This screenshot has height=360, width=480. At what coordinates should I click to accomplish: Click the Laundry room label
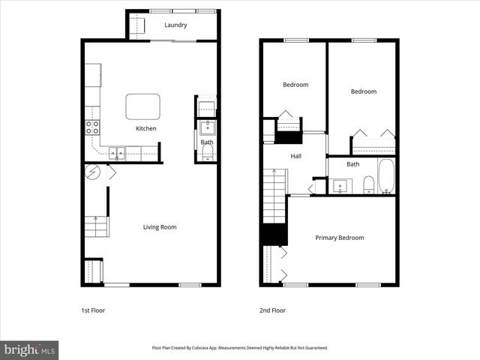pyautogui.click(x=176, y=25)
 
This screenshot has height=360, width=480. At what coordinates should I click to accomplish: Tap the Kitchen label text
pyautogui.click(x=145, y=129)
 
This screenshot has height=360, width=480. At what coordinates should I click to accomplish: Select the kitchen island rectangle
pyautogui.click(x=142, y=106)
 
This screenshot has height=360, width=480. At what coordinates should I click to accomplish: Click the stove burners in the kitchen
pyautogui.click(x=93, y=127)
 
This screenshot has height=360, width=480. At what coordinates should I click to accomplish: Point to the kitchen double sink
pyautogui.click(x=117, y=153)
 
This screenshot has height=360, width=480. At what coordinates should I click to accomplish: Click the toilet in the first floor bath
pyautogui.click(x=208, y=154)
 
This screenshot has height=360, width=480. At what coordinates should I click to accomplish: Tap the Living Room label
pyautogui.click(x=160, y=226)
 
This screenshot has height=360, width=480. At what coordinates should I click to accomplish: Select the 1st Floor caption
pyautogui.click(x=93, y=310)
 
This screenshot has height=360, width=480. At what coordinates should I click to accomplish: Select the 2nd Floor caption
pyautogui.click(x=273, y=310)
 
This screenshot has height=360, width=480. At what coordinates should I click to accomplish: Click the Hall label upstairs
pyautogui.click(x=296, y=156)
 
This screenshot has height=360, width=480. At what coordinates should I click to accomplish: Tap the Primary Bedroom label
pyautogui.click(x=339, y=238)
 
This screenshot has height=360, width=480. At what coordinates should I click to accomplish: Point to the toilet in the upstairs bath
pyautogui.click(x=368, y=184)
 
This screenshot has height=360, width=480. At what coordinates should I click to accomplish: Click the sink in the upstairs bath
pyautogui.click(x=340, y=186)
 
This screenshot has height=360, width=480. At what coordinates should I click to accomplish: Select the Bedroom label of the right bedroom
pyautogui.click(x=364, y=91)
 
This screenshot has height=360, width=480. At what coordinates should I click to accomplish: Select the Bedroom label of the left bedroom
pyautogui.click(x=295, y=85)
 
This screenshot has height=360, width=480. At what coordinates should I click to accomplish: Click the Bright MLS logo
pyautogui.click(x=30, y=349)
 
